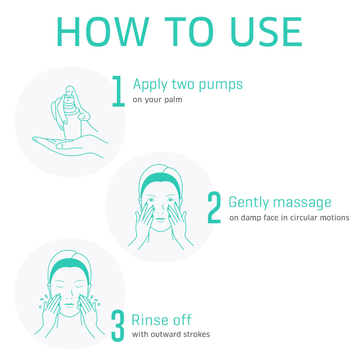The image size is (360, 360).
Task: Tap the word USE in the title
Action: [266, 32]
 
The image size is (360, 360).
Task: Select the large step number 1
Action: [118, 91]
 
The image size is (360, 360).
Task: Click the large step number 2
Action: [214, 208]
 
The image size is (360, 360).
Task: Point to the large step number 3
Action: [118, 325]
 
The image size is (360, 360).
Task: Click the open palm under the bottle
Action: [69, 146]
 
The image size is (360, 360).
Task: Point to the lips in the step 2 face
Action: [160, 220]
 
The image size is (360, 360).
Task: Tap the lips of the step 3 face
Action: [69, 305]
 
